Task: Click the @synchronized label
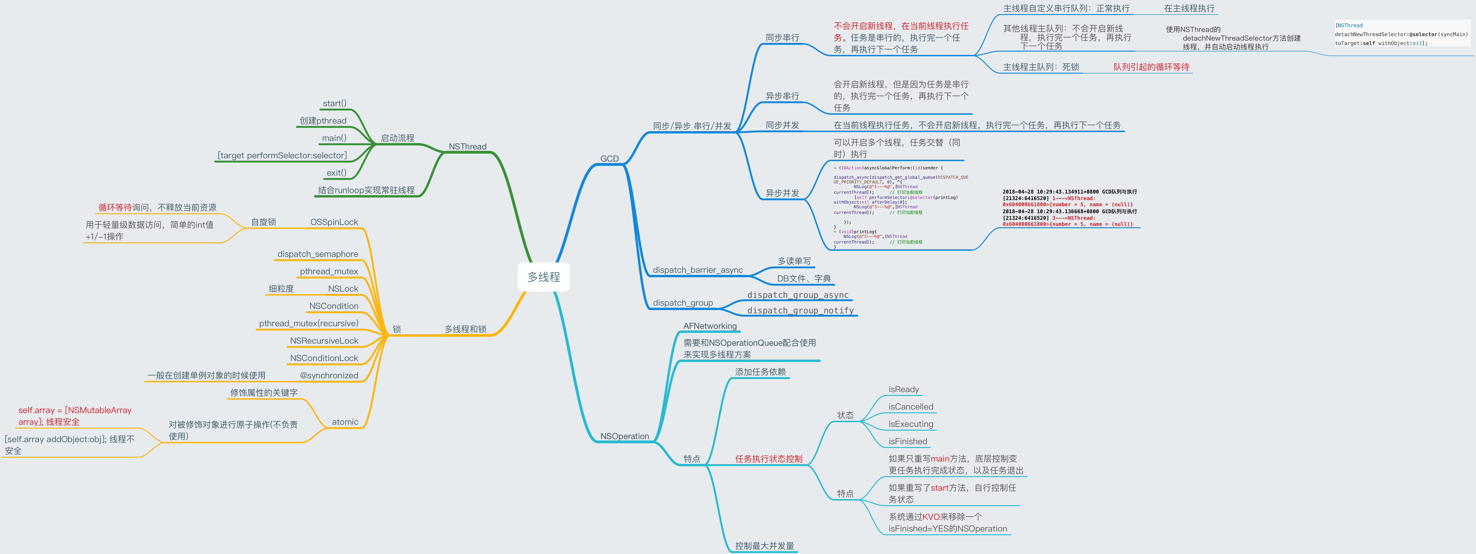[329, 375]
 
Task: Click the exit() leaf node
[336, 172]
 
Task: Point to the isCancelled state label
[910, 407]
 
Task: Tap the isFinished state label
[908, 441]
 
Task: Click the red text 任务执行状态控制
[768, 459]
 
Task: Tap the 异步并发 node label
[782, 193]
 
